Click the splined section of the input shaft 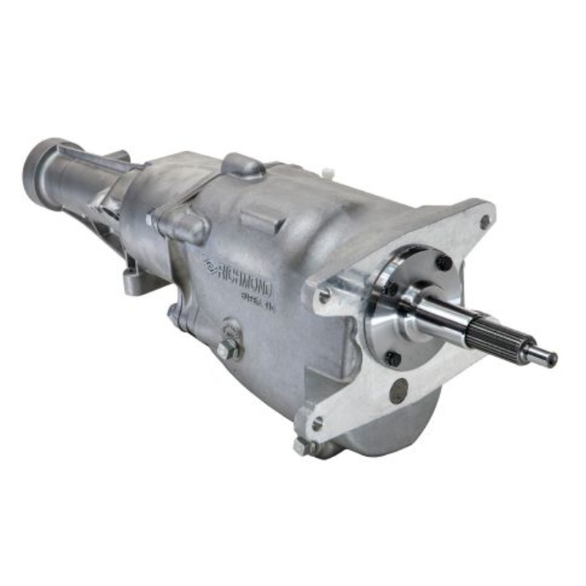tap(495, 340)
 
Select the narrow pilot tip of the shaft tap(542, 357)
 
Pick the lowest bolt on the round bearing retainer tap(393, 358)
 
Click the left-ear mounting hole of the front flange tap(322, 296)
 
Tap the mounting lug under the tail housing tap(136, 281)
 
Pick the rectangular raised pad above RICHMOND tap(260, 219)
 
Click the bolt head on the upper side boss tap(153, 219)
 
